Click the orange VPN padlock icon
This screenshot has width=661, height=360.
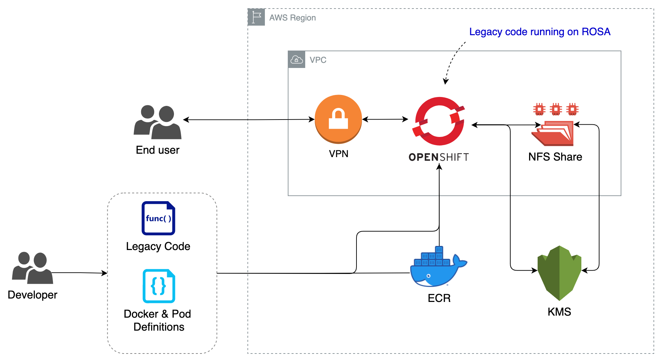tap(338, 119)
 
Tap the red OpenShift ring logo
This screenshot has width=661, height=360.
tap(440, 121)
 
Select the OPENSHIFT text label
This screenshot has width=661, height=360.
tap(439, 157)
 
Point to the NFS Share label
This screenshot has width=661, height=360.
tap(555, 157)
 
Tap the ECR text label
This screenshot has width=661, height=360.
tap(439, 298)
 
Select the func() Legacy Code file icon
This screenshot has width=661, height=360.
tap(158, 218)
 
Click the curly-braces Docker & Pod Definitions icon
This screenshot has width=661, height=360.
tap(159, 286)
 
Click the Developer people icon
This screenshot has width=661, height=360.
tap(32, 268)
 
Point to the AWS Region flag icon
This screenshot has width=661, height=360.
tap(256, 17)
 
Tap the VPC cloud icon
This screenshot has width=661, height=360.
tap(297, 60)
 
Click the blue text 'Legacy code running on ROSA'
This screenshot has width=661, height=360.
tap(539, 32)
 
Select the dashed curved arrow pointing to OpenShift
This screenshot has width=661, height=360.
tap(452, 61)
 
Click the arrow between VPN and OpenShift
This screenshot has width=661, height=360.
tap(385, 120)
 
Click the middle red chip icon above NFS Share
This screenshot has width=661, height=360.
tap(556, 109)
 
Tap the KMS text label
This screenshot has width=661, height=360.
tap(559, 312)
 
